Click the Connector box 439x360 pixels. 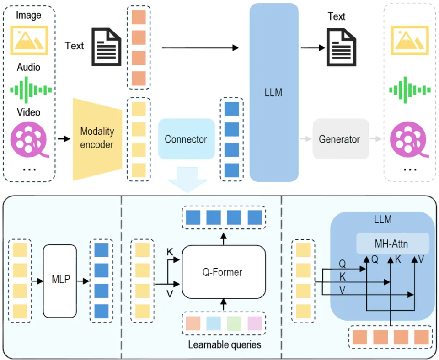(x=186, y=139)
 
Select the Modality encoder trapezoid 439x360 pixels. (x=96, y=138)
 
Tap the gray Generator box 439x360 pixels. (x=340, y=139)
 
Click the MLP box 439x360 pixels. (x=59, y=281)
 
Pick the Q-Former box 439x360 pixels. (x=223, y=272)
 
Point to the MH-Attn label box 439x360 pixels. (x=393, y=244)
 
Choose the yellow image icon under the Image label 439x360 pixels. (x=29, y=38)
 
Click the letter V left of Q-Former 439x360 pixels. (x=170, y=294)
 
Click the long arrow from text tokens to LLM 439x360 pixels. (x=200, y=47)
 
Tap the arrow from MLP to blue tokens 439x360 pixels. (x=83, y=281)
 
